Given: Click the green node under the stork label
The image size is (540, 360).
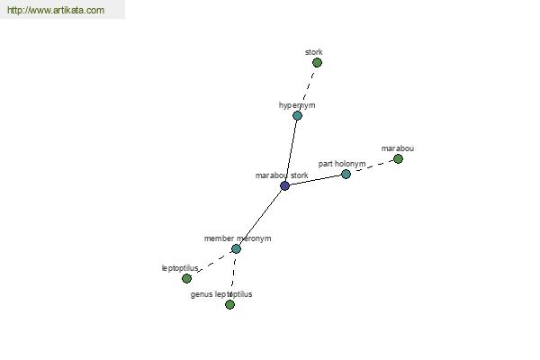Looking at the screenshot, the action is pos(317,63).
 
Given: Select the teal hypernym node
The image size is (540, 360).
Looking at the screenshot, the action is pos(297,115).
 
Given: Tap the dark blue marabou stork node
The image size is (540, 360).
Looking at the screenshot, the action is pos(284,186).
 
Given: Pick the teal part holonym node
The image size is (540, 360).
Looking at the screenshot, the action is pos(346,175).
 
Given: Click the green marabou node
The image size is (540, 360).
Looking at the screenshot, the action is pos(398,158).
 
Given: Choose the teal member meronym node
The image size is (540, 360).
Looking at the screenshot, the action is pos(236,248).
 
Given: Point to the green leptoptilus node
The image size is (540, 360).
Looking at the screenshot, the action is pos(186,278).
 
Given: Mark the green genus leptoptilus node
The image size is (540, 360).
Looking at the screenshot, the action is pos(229,304).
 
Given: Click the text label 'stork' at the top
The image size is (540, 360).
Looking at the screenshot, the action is pos(314,52).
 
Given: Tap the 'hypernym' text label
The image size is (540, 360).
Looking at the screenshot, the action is pos(297,105).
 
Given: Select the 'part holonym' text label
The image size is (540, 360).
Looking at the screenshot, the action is pos(342,164).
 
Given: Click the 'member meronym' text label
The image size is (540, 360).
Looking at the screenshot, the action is pos(238,238).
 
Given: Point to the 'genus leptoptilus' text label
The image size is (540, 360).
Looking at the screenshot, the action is pos(221,294).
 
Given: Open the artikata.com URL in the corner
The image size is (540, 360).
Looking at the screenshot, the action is pos(56,10).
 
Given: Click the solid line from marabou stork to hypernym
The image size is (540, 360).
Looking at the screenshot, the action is pos(291,151).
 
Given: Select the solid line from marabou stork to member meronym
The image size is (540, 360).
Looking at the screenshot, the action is pos(260,218).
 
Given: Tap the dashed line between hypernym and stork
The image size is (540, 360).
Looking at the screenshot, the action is pos(307,89).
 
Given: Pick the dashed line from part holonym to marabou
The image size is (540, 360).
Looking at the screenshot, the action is pos(373,166).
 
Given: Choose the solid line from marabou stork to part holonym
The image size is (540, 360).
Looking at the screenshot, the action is pos(316,180).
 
